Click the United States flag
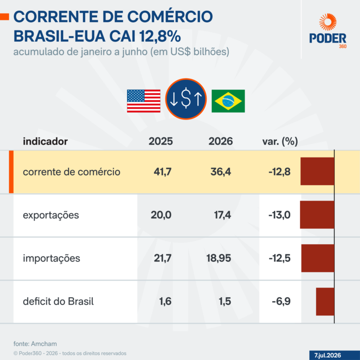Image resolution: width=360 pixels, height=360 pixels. (x=144, y=101)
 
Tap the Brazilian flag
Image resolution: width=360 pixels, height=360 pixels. (x=228, y=101)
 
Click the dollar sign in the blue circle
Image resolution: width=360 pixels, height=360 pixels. (x=186, y=99)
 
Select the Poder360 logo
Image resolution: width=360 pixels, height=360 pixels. (x=328, y=31)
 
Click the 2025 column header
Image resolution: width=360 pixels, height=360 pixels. (x=161, y=141)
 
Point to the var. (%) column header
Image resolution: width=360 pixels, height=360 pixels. (x=280, y=142)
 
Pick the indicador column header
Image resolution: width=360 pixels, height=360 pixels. (x=45, y=142)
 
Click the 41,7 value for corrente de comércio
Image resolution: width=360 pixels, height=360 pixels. (x=163, y=172)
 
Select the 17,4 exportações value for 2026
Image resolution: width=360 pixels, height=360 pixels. (x=223, y=215)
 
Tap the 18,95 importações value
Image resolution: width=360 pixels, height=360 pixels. (x=218, y=258)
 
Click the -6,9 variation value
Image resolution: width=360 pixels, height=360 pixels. (x=281, y=301)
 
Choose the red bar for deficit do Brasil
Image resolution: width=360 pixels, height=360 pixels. (x=325, y=301)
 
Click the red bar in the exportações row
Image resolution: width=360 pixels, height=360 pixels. (x=317, y=215)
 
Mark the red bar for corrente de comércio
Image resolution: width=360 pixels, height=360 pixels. (x=317, y=171)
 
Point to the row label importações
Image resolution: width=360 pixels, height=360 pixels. (x=52, y=258)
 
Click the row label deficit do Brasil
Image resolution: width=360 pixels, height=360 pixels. (x=58, y=301)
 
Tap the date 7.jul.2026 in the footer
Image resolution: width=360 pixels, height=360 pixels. (x=328, y=355)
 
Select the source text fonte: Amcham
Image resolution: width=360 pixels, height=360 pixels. (x=35, y=344)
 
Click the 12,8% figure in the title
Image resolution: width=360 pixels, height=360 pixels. (x=160, y=36)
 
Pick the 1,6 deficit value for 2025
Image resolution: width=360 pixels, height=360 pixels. (x=165, y=301)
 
